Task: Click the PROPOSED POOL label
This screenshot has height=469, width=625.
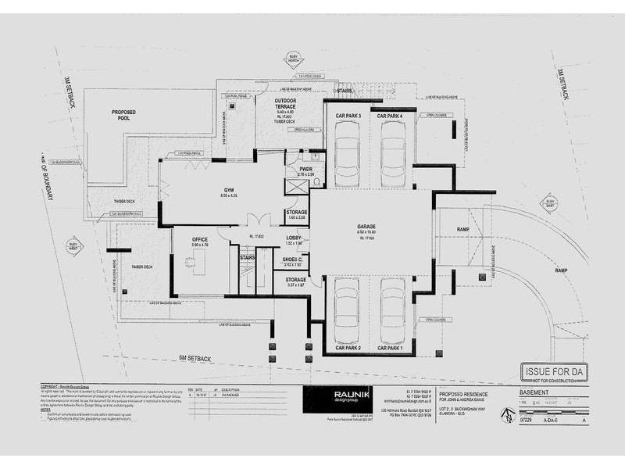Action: (123, 115)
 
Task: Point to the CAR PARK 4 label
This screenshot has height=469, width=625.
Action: (390, 116)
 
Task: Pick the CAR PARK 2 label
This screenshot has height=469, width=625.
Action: (348, 346)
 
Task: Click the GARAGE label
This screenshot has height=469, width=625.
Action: (366, 226)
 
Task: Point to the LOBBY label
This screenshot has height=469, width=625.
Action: (294, 238)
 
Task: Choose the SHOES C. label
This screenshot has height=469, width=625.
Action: (295, 260)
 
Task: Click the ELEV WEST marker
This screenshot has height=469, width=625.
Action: (75, 248)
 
